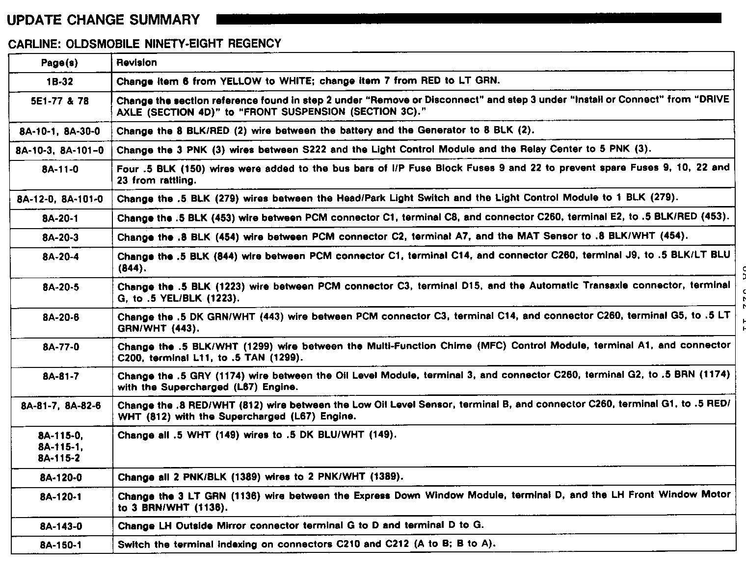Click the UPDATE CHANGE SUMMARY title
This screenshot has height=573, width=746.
coord(104,20)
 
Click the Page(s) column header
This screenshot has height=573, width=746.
coord(59,63)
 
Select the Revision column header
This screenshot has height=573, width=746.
coord(137,63)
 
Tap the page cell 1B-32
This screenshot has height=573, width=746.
coord(60,81)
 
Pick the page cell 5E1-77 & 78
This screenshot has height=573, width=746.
coord(60,101)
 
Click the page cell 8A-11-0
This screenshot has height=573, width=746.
coord(60,169)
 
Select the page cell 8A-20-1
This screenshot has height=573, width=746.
coord(60,218)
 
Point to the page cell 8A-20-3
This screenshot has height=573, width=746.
coord(60,237)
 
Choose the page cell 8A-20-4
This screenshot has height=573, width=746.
coord(60,257)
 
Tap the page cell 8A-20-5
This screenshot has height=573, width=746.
coord(60,287)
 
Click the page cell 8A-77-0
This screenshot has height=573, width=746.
coord(60,347)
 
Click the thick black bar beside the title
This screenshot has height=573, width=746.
coord(469,19)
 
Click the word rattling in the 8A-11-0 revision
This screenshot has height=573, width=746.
coord(164,181)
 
